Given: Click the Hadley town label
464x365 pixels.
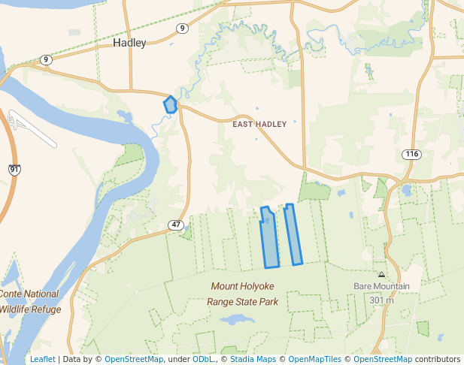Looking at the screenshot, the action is point(129,43).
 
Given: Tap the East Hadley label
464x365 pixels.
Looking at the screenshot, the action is point(259,124).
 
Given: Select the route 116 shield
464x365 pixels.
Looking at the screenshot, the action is point(411,154).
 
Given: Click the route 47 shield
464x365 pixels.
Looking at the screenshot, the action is point(176,225).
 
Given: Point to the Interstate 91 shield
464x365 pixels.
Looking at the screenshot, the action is point(14,170).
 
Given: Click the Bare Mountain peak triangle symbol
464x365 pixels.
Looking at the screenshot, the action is point(381,275).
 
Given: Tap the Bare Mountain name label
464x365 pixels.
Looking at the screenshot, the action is point(381,286).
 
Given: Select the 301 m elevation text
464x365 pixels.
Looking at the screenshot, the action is point(381,300).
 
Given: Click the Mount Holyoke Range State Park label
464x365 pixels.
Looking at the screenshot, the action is point(242,294).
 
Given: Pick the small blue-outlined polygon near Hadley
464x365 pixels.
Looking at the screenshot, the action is point(171,105).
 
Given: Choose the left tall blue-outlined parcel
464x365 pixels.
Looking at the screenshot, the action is point(269,238).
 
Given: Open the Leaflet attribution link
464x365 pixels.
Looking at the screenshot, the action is point(42,359).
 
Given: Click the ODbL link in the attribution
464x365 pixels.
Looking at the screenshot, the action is point(202,359).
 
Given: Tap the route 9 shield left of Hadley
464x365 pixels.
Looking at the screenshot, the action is point(47,59).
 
